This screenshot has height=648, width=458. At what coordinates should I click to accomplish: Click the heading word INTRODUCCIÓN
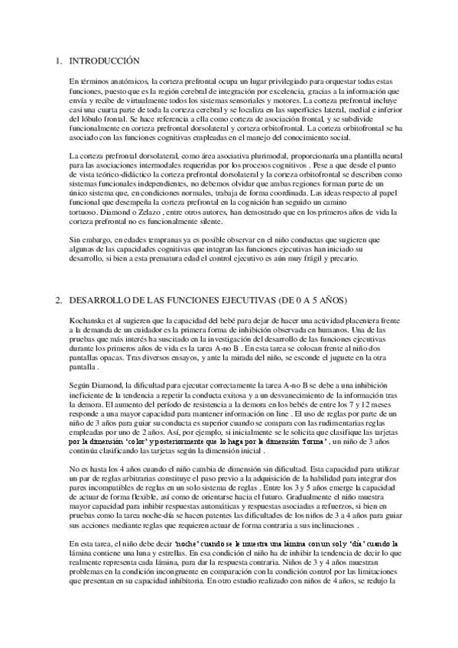104,60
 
